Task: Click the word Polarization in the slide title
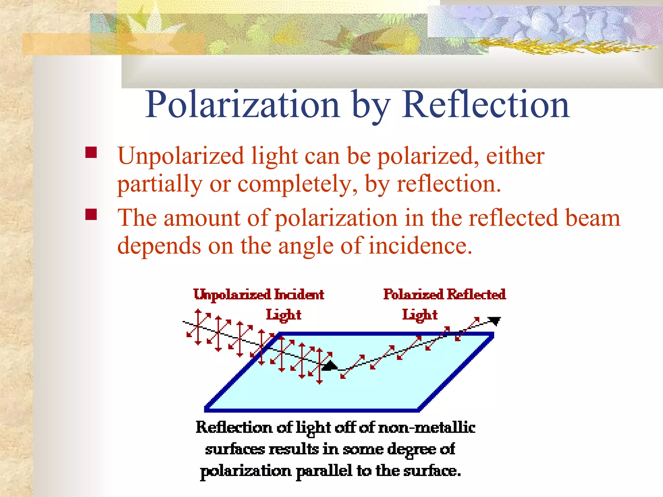click(242, 105)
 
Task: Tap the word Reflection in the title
click(485, 105)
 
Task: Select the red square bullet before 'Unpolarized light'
click(91, 152)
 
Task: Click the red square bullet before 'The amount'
click(91, 214)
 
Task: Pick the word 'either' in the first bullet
click(515, 156)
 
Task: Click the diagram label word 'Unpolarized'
click(232, 295)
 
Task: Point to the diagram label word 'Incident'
click(299, 295)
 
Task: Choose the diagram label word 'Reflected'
click(476, 294)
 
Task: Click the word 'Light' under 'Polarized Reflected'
click(420, 315)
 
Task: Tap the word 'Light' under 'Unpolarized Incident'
click(284, 315)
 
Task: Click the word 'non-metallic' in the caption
click(427, 428)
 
